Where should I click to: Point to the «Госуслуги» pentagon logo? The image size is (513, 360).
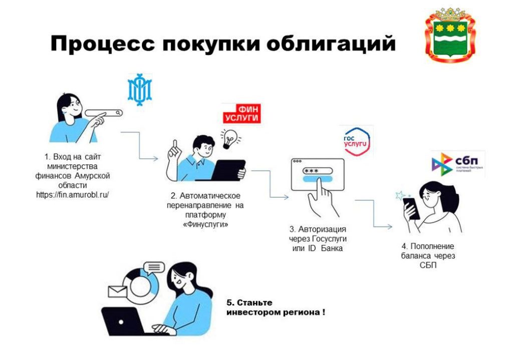[x=357, y=140]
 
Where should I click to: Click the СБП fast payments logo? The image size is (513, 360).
[x=457, y=164]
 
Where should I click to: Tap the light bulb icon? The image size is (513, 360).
[x=230, y=137]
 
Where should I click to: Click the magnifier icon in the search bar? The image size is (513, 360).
[x=118, y=113]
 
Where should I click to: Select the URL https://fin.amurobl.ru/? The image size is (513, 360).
[x=72, y=194]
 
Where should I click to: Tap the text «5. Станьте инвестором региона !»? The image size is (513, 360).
[x=275, y=307]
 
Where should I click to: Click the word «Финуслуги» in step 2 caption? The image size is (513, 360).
[x=205, y=225]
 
